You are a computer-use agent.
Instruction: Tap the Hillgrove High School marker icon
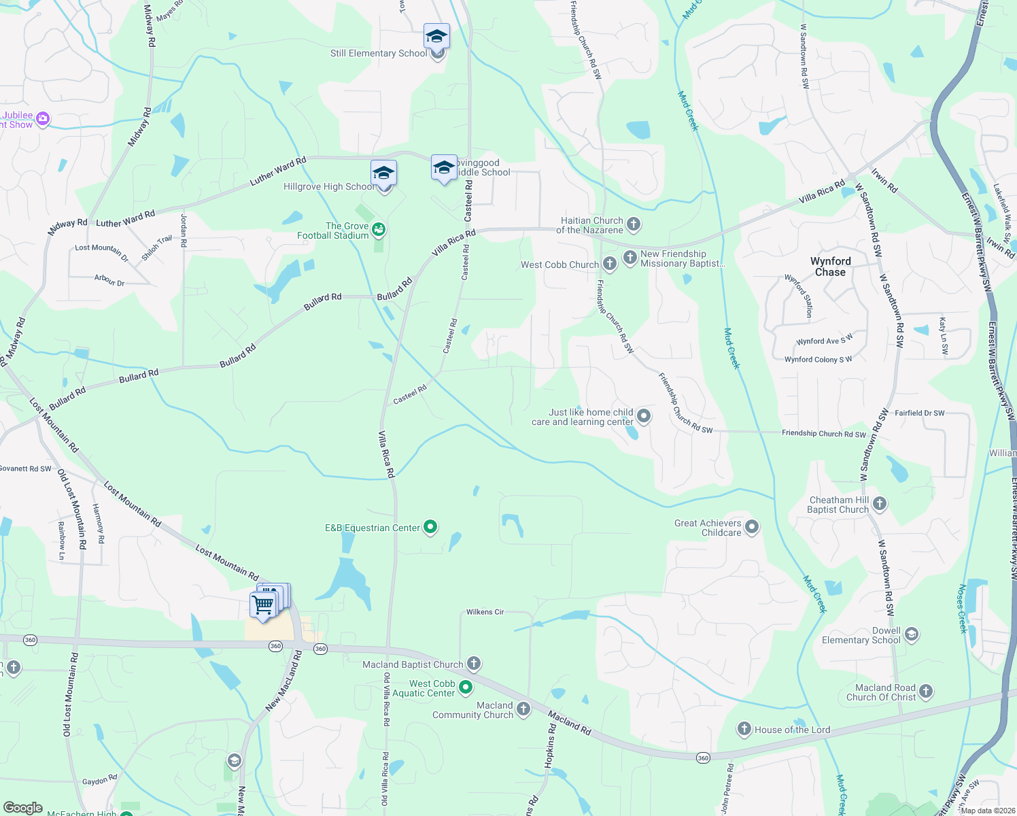[383, 174]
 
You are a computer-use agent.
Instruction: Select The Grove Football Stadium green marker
[379, 230]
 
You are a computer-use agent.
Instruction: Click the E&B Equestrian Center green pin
[430, 527]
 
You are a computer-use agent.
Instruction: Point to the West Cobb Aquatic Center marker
[466, 687]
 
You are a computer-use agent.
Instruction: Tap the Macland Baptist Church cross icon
[474, 664]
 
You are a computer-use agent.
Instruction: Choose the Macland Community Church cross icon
[523, 709]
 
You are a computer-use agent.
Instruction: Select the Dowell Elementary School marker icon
[912, 634]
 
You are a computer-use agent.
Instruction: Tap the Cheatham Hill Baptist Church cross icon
[880, 504]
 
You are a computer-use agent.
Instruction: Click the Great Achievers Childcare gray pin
[752, 527]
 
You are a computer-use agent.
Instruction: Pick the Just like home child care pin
[644, 416]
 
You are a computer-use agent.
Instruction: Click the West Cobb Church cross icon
[609, 264]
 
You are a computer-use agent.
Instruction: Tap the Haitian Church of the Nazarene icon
[634, 224]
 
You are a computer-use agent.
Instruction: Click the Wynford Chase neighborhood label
[830, 267]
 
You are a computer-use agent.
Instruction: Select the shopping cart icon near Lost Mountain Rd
[263, 604]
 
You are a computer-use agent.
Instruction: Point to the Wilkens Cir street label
[485, 612]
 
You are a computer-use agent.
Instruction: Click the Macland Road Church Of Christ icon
[926, 692]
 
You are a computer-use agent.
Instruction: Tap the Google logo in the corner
[23, 808]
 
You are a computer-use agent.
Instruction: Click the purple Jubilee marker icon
[43, 119]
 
